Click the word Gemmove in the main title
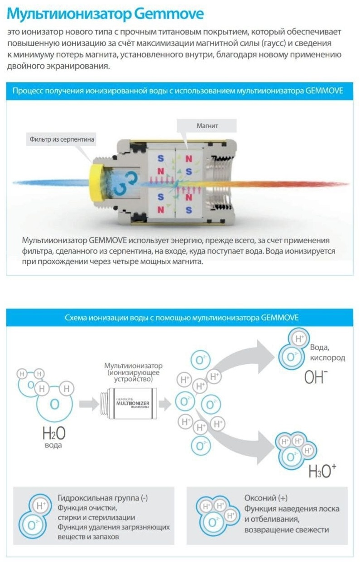(168, 14)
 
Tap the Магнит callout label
(206, 126)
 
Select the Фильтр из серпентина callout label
(61, 139)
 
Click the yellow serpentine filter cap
(96, 183)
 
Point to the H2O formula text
(54, 433)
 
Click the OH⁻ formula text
(316, 377)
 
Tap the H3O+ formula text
(322, 471)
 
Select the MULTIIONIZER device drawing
(129, 404)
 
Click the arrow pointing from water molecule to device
(89, 404)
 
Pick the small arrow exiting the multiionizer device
(165, 404)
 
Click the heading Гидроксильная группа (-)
(103, 498)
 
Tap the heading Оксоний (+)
(266, 498)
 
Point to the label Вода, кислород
(327, 352)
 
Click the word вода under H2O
(53, 445)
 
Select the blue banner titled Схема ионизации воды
(179, 318)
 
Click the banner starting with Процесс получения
(179, 91)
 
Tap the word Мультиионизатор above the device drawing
(133, 366)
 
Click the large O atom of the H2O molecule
(54, 404)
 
